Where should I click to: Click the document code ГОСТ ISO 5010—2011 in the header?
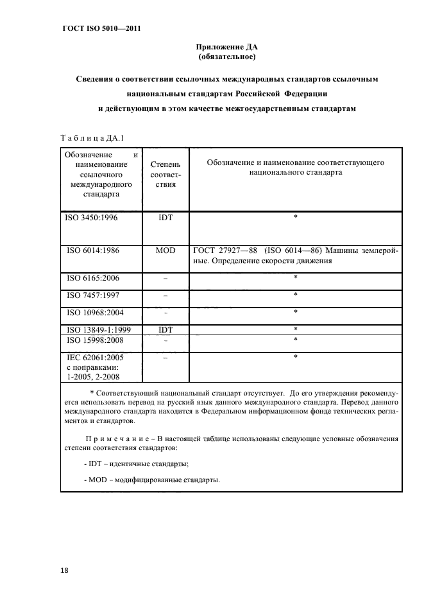(x=101, y=29)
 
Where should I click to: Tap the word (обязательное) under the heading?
(x=226, y=57)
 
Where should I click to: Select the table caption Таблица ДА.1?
(x=92, y=137)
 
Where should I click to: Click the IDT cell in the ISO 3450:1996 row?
(x=165, y=218)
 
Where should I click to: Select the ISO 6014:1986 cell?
(x=93, y=250)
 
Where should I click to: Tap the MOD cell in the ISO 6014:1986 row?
(x=165, y=250)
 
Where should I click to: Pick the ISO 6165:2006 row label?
(x=93, y=278)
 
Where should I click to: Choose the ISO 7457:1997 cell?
(x=93, y=295)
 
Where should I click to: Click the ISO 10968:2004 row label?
(x=96, y=313)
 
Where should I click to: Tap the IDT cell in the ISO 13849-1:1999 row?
(x=165, y=329)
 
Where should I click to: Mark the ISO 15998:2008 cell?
(x=96, y=340)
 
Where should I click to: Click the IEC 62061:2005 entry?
(x=96, y=357)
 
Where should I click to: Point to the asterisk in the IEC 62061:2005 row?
(x=295, y=357)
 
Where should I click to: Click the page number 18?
(x=65, y=570)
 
